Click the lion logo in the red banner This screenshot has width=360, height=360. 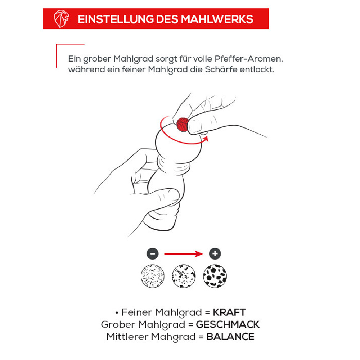pos(61,19)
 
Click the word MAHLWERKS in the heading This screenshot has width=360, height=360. pos(217,19)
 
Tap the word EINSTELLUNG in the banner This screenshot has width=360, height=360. pos(116,19)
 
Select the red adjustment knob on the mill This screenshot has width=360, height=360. pos(183,125)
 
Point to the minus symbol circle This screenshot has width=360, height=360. pos(153,254)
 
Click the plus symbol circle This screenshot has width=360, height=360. pos(215,254)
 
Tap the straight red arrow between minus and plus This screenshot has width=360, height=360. pos(184,254)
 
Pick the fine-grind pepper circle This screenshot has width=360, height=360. pos(153,276)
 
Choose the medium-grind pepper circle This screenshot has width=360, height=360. pos(184,276)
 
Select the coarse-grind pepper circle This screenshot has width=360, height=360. pos(215,276)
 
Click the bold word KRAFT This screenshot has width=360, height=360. pos(229,312)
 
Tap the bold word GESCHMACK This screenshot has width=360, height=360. pos(228,324)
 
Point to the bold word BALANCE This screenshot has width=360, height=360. pos(230,337)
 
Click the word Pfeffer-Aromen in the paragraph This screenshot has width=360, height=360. pos(249,59)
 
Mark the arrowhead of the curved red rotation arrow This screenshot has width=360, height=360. pos(206,139)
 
